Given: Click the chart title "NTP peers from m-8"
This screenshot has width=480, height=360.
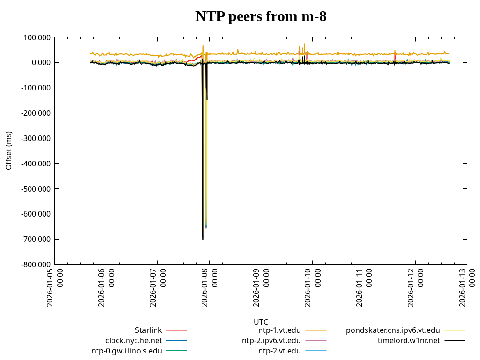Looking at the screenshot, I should click(261, 17).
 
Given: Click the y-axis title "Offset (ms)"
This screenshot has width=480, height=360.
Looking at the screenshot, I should click(9, 150).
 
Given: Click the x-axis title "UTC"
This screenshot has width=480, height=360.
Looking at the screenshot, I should click(261, 322).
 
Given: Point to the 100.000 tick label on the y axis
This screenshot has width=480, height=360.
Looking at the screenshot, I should click(37, 37).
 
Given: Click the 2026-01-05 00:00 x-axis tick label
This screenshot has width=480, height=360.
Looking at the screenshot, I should click(55, 287).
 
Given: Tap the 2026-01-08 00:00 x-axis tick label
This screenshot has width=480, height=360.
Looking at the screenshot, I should click(210, 287).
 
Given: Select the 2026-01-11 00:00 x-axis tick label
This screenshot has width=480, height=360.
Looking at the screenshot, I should click(365, 287).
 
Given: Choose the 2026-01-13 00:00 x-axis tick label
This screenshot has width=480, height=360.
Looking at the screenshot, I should click(468, 287).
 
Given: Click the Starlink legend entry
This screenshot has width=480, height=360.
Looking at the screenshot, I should click(149, 330).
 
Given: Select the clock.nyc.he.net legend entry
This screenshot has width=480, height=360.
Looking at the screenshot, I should click(134, 340).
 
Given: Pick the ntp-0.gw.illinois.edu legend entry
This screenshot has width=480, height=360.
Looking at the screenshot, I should click(127, 351).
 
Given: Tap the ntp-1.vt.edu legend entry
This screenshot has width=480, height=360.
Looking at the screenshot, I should click(279, 330).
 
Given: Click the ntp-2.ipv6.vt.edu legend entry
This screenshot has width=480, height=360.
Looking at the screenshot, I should click(271, 340).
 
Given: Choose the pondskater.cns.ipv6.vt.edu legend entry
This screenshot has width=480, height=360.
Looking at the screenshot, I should click(393, 330).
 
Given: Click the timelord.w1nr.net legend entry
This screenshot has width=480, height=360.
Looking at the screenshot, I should click(409, 340).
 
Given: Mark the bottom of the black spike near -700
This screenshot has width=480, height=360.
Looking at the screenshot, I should click(203, 240).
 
